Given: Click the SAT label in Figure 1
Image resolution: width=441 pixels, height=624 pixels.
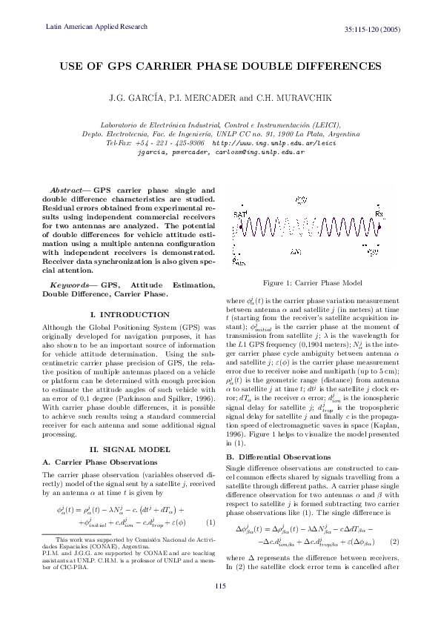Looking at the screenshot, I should pyautogui.click(x=241, y=214).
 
